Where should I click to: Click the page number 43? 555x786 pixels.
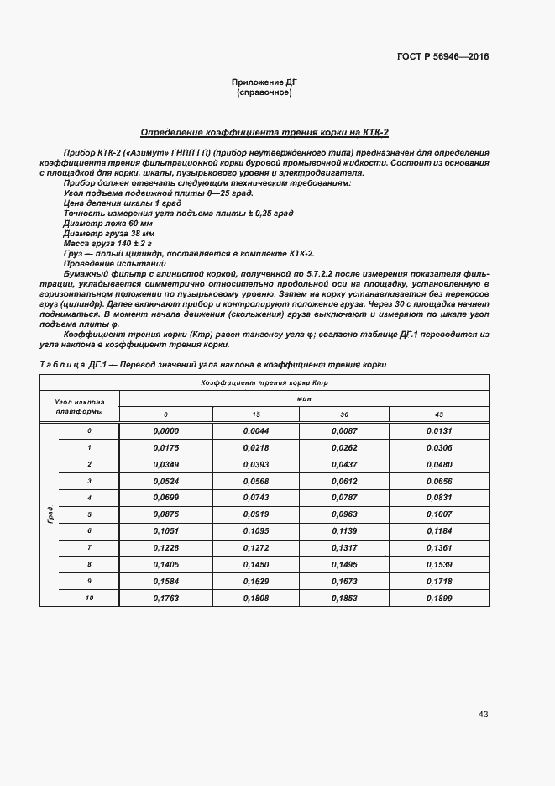click(483, 714)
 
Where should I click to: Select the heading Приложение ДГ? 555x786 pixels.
click(264, 82)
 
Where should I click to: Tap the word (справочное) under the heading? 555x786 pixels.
click(264, 92)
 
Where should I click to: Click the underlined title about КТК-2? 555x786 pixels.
click(264, 132)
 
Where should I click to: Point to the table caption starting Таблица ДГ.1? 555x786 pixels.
click(212, 364)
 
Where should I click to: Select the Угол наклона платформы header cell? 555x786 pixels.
click(80, 407)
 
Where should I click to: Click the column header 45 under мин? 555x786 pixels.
click(438, 414)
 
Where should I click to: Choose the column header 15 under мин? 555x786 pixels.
click(256, 414)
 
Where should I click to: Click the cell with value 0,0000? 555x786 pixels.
click(166, 431)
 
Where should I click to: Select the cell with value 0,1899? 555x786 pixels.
click(438, 598)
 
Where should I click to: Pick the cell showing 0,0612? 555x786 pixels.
click(348, 481)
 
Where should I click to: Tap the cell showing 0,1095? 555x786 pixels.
click(256, 531)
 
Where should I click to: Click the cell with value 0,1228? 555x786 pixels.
click(166, 548)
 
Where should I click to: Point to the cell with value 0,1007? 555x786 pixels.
click(438, 514)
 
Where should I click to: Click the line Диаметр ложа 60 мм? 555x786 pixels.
click(107, 224)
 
